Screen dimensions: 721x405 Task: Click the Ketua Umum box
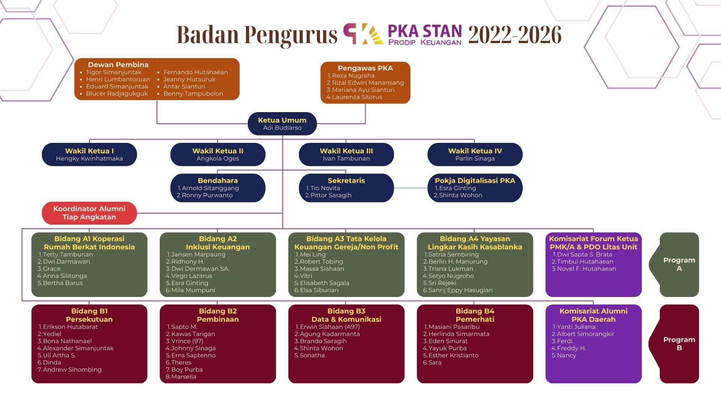point(282,124)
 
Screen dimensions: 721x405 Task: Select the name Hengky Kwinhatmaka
point(89,159)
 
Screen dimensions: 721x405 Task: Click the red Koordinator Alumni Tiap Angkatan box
point(89,213)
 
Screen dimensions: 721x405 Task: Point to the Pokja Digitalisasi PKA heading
point(475,180)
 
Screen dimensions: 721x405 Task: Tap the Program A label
point(679,264)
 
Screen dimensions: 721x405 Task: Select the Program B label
point(679,344)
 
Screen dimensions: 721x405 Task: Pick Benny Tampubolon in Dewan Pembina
point(193,94)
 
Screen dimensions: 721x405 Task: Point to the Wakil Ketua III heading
point(346,151)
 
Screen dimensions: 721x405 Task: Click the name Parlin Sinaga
point(475,159)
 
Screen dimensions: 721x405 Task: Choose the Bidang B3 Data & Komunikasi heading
point(346,315)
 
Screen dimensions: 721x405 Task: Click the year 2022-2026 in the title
point(515,35)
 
